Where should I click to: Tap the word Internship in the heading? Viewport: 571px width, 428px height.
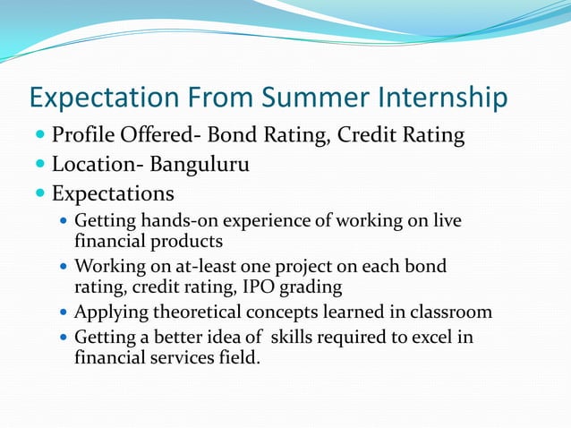click(439, 98)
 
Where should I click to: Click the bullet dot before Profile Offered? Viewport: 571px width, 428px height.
click(41, 137)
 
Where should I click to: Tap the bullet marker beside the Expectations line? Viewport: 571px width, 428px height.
click(41, 194)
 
